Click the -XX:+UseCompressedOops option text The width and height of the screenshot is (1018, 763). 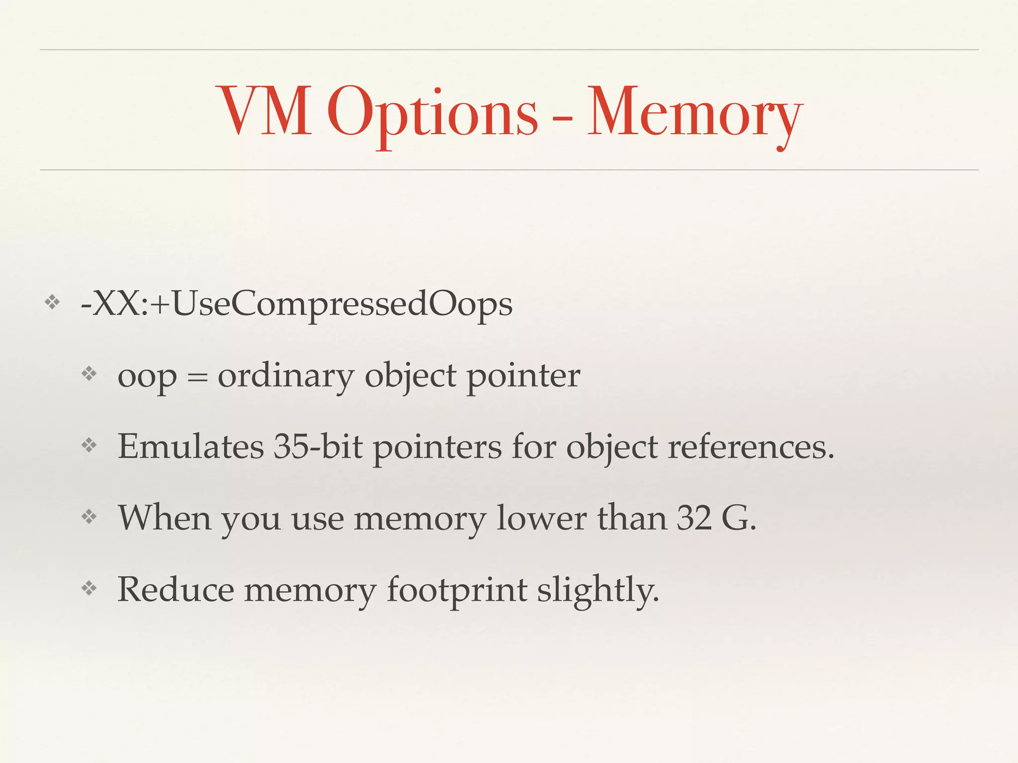coord(296,304)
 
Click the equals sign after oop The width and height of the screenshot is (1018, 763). coord(197,378)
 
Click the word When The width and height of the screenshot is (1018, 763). coord(165,518)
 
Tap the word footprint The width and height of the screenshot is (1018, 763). coord(457,590)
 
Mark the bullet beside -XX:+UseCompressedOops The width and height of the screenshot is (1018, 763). coord(52,302)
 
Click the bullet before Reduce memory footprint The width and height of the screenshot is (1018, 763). coord(89,589)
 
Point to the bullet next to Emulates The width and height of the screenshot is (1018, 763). coord(89,445)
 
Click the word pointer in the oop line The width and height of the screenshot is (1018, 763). coord(523,376)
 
